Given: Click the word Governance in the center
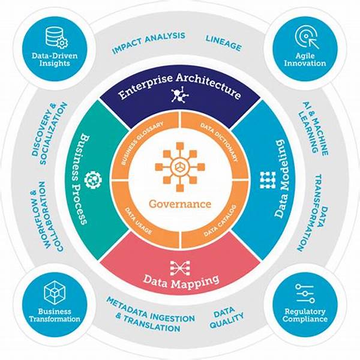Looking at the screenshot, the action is click(x=180, y=204).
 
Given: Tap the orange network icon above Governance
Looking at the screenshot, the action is click(x=180, y=167).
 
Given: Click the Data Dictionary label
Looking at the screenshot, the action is click(x=218, y=142).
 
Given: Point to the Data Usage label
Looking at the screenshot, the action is click(x=138, y=221).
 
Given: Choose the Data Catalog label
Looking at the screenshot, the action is click(x=220, y=221).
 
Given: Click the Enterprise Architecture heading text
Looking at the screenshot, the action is click(x=180, y=86).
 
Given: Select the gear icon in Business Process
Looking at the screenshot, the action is click(x=93, y=180).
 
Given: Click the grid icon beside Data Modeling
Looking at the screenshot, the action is click(x=268, y=180).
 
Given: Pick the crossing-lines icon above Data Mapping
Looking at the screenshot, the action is click(x=180, y=268).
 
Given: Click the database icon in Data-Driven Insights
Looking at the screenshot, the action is click(x=56, y=38).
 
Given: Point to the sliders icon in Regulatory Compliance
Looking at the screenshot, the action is click(x=305, y=293).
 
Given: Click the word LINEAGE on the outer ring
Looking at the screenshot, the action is click(x=223, y=43).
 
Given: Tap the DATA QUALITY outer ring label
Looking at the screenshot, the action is click(x=226, y=318).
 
